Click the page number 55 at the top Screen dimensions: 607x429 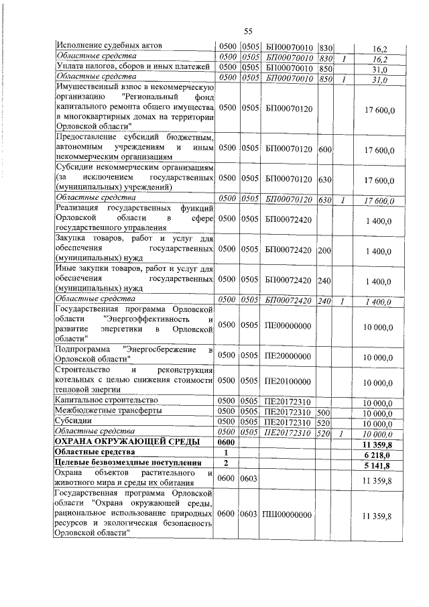coord(247,32)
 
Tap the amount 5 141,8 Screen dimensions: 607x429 coord(377,465)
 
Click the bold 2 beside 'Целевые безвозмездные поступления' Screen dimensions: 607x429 coord(226,465)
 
